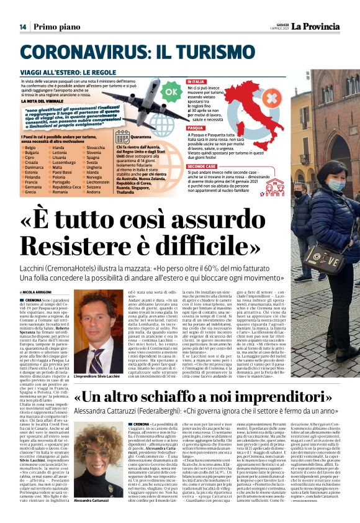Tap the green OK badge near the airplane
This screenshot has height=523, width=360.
click(170, 93)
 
